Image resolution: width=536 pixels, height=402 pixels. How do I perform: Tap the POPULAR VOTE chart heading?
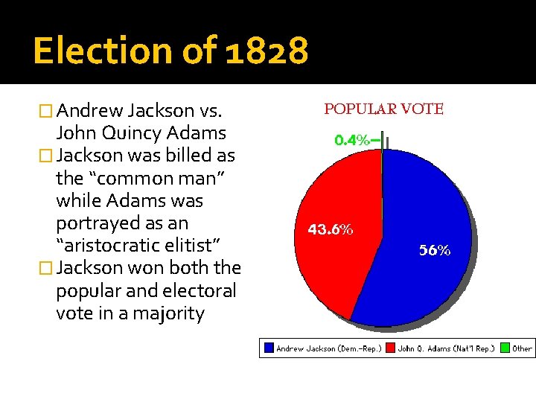tap(383, 109)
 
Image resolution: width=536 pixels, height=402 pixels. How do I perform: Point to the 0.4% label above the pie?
tap(352, 140)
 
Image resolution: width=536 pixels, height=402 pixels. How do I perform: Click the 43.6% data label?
tap(331, 230)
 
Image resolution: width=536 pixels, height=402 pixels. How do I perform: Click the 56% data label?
tap(435, 251)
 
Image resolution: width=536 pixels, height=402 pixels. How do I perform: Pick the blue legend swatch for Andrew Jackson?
tap(268, 348)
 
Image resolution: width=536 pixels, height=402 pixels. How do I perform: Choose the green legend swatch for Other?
tap(504, 348)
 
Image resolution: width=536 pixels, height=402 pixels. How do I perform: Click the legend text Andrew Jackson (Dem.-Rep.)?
tap(329, 348)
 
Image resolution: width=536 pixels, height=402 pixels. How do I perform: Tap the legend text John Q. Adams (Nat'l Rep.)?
tap(447, 348)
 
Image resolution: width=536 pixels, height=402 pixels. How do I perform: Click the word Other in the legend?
tap(522, 348)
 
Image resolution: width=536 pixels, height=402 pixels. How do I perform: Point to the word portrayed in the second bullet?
tap(95, 223)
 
